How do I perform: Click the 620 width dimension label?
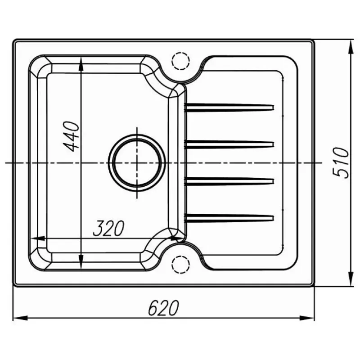tap(163, 308)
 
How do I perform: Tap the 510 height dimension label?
tap(341, 163)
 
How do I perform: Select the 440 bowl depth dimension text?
tap(71, 136)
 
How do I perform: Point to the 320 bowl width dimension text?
tap(108, 229)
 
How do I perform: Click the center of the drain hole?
tap(137, 163)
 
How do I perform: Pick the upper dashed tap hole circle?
tap(181, 61)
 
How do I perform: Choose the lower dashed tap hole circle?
tap(181, 264)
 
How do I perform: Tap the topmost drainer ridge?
tap(229, 108)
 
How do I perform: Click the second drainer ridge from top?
tap(229, 144)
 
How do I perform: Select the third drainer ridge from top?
tap(229, 181)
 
